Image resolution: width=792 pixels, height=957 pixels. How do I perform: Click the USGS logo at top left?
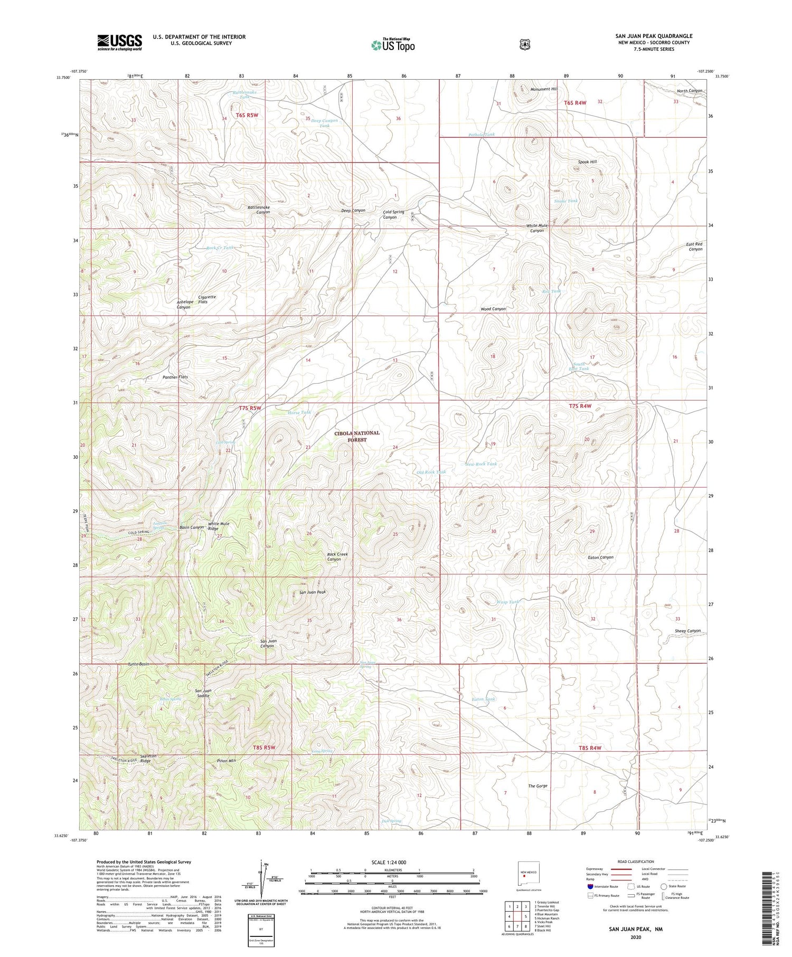[119, 42]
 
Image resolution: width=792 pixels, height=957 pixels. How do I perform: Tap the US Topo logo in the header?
[393, 45]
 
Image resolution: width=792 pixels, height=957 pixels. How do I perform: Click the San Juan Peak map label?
[313, 592]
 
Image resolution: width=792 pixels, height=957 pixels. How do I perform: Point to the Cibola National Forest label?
[356, 436]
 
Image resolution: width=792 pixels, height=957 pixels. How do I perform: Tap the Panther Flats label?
[175, 377]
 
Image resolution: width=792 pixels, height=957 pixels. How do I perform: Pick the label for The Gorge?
[538, 786]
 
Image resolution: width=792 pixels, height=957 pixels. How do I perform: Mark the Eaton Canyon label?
[600, 557]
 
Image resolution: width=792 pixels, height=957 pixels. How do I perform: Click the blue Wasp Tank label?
[508, 602]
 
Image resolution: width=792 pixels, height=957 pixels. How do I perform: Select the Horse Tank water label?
[299, 412]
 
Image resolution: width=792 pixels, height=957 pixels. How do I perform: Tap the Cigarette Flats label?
[207, 299]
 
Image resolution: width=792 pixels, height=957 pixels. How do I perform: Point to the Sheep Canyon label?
[687, 631]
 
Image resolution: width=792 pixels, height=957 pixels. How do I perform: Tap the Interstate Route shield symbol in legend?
[590, 886]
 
